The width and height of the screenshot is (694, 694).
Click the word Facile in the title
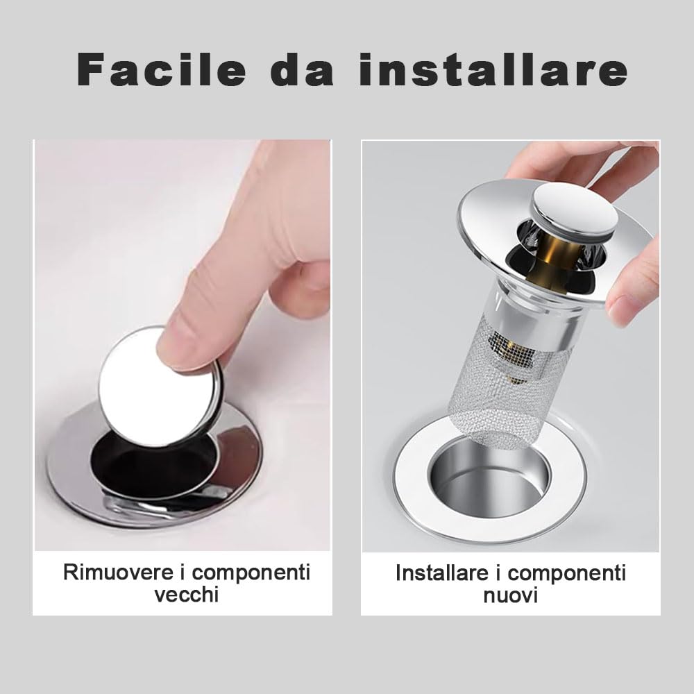[162, 69]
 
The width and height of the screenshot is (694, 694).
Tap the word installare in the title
[493, 69]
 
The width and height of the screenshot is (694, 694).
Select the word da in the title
[303, 69]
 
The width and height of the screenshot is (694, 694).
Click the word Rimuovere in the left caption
[118, 572]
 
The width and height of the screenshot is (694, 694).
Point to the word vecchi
[186, 594]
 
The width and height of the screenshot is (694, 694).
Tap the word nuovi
[510, 595]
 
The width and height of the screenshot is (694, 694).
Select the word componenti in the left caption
[251, 573]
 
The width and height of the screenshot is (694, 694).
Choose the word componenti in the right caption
[567, 574]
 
